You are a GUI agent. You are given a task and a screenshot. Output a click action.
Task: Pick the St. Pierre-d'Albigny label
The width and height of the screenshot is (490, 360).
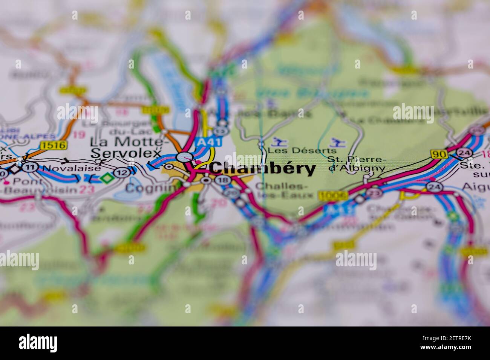(357, 164)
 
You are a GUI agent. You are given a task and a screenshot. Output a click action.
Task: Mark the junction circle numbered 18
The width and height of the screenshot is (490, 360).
(222, 180)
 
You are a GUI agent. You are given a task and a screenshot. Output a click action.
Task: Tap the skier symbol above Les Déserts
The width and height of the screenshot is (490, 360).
(279, 142)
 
